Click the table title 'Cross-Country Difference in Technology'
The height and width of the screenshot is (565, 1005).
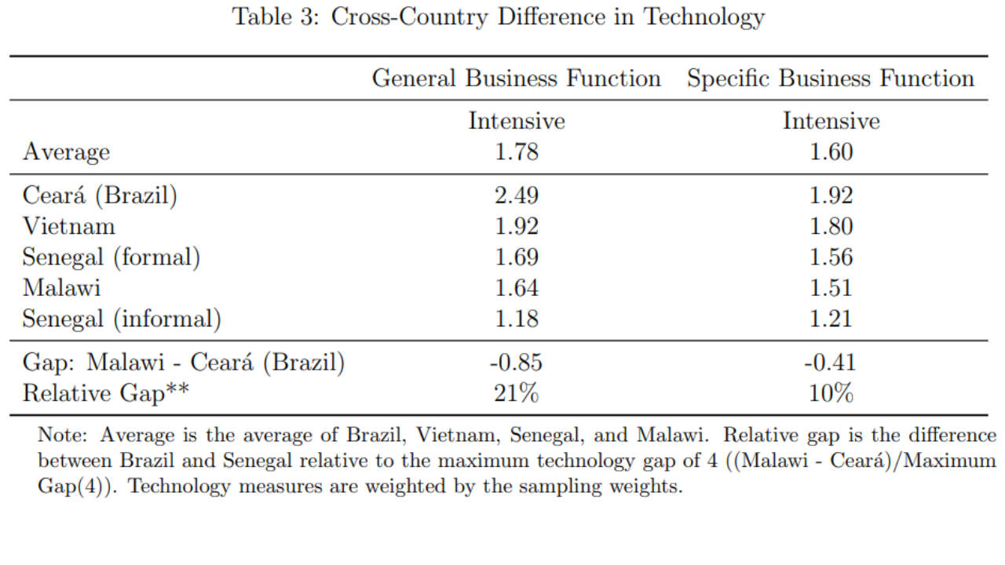click(498, 17)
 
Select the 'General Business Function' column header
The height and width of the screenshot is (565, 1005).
click(516, 78)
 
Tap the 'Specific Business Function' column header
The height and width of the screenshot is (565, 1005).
click(830, 78)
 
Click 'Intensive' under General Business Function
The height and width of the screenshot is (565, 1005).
click(516, 121)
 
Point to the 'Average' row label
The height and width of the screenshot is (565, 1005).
click(66, 151)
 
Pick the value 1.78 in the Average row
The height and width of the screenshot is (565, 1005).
click(516, 151)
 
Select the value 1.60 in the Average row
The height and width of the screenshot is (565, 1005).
click(831, 151)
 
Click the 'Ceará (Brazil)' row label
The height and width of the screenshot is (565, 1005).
click(100, 195)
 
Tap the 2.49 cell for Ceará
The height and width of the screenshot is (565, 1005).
click(516, 195)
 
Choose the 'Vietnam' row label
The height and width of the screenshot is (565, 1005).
click(68, 226)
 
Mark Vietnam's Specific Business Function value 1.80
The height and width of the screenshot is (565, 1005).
click(831, 226)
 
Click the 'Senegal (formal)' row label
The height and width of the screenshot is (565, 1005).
click(111, 257)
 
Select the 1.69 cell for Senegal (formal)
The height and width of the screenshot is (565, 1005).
click(516, 257)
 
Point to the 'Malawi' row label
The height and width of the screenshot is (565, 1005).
click(61, 287)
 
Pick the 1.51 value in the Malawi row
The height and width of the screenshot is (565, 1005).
click(831, 287)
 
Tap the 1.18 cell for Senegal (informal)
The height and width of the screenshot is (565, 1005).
click(516, 319)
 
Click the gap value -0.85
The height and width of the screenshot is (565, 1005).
click(515, 363)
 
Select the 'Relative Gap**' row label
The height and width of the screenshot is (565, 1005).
click(105, 393)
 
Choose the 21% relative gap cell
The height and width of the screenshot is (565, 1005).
click(516, 393)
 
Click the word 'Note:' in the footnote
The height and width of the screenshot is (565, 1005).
click(65, 436)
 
